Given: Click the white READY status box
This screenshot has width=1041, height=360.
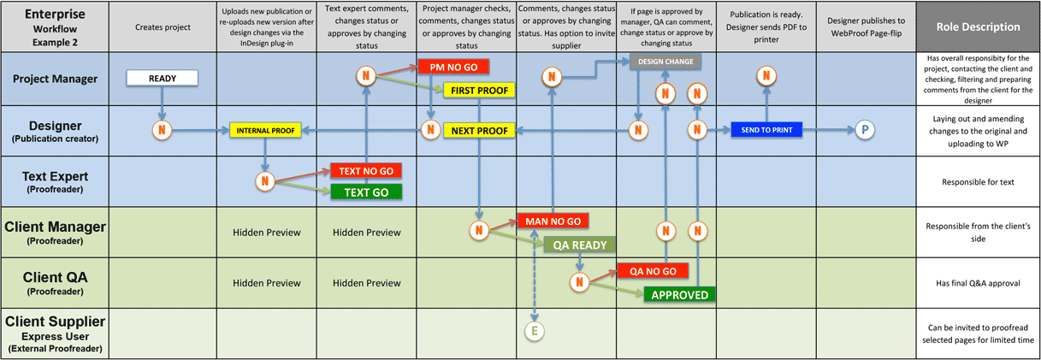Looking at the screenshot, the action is click(x=163, y=78).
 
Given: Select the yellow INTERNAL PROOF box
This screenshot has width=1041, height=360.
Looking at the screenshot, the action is click(x=265, y=131).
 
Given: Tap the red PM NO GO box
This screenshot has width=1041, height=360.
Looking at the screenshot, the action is click(x=453, y=67).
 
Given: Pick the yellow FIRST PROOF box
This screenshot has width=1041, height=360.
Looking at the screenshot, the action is click(x=479, y=90).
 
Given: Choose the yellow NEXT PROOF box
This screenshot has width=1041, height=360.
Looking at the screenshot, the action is click(x=479, y=131).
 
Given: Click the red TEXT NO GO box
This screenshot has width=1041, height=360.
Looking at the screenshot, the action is click(x=366, y=171).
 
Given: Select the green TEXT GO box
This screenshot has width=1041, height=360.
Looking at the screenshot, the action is click(x=366, y=192).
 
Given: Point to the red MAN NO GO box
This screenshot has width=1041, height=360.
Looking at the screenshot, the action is click(x=553, y=221).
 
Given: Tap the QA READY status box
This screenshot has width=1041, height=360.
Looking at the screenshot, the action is click(x=579, y=245).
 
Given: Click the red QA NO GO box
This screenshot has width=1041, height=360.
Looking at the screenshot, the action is click(x=653, y=271).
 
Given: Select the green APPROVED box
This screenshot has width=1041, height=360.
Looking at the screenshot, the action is click(x=679, y=294).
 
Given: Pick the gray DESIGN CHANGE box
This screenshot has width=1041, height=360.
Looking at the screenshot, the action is click(x=665, y=62).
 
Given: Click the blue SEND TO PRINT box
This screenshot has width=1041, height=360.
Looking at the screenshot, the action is click(x=766, y=130).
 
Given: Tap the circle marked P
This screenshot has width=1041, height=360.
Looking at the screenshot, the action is click(x=865, y=130).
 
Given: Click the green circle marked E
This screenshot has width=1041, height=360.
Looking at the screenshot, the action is click(x=535, y=331).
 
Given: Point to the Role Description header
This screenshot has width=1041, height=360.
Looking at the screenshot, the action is click(x=978, y=27).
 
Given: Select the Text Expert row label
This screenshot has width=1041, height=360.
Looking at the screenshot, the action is click(x=55, y=181).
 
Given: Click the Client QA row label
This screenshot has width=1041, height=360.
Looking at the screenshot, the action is click(x=55, y=283).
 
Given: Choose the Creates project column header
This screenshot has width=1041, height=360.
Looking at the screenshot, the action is click(x=163, y=27).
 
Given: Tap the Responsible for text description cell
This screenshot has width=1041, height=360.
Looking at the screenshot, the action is click(x=978, y=181).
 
